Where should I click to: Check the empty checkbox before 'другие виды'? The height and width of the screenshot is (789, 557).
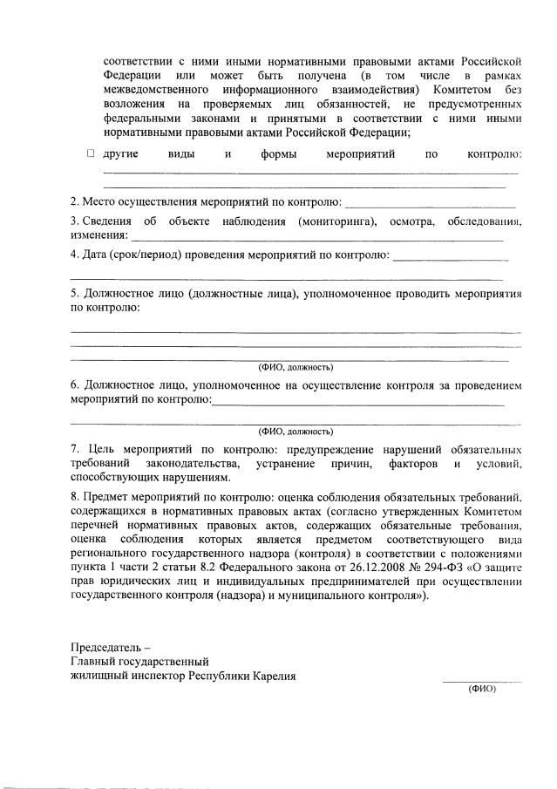point(91,153)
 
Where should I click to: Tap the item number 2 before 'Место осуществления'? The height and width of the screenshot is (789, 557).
point(74,203)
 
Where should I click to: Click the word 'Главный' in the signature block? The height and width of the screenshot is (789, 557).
point(93,662)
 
